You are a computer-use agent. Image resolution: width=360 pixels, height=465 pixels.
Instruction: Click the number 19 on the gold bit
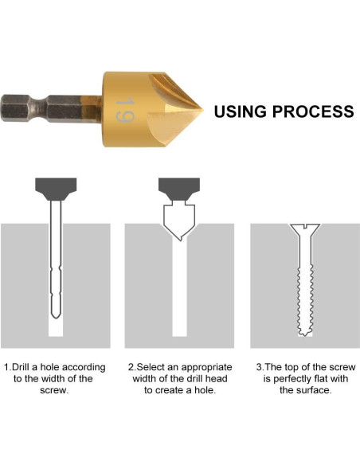click(x=125, y=109)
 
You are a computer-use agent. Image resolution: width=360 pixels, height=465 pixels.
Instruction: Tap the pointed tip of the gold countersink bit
click(x=203, y=111)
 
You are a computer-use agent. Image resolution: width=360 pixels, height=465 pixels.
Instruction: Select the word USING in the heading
click(x=241, y=111)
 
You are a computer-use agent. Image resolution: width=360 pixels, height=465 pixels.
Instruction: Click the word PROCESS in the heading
click(x=313, y=111)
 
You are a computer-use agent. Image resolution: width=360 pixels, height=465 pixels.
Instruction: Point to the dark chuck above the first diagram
click(x=56, y=189)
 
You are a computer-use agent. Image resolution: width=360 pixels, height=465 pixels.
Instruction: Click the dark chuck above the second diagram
click(x=179, y=189)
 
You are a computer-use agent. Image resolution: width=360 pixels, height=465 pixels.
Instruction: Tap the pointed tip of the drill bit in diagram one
click(x=56, y=318)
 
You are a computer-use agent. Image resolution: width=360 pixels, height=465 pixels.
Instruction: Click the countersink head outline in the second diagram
click(x=179, y=221)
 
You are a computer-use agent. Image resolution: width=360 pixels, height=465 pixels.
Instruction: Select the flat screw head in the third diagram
click(x=305, y=228)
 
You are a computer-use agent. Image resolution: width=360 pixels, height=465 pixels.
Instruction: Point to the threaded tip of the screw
click(x=305, y=333)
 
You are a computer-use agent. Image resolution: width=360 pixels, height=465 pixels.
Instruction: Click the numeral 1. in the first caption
click(x=7, y=367)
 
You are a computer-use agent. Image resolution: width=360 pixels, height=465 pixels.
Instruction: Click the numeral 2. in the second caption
click(x=132, y=367)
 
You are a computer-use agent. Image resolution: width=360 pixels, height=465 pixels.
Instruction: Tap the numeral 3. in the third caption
click(x=260, y=367)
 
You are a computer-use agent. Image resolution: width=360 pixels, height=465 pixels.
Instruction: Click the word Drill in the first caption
click(x=21, y=367)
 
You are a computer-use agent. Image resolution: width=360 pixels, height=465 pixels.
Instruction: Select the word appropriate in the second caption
click(x=207, y=368)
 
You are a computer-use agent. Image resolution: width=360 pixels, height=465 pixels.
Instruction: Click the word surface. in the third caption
click(x=314, y=390)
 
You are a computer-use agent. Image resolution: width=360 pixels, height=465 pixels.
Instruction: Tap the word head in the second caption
click(x=217, y=379)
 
